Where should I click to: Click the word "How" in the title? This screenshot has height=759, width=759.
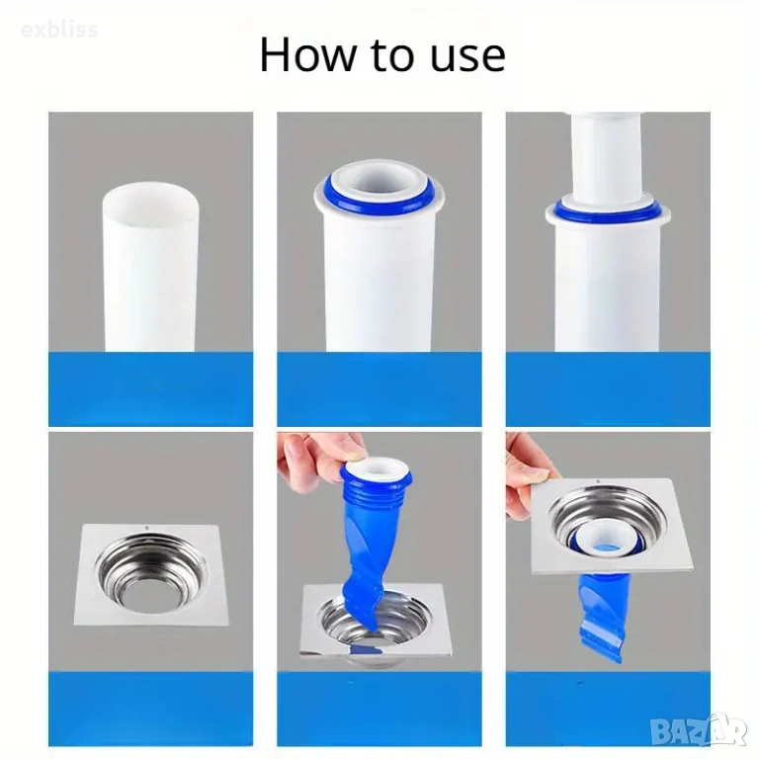[307, 54]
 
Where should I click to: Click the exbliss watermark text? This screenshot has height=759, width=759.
[59, 30]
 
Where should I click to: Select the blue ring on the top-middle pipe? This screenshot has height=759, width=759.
[379, 194]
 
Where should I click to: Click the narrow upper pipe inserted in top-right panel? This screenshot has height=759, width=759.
[608, 155]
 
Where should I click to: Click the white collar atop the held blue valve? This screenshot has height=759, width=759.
[377, 465]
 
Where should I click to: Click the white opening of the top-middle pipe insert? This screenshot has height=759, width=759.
[379, 183]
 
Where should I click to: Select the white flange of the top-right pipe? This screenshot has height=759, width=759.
[608, 216]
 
